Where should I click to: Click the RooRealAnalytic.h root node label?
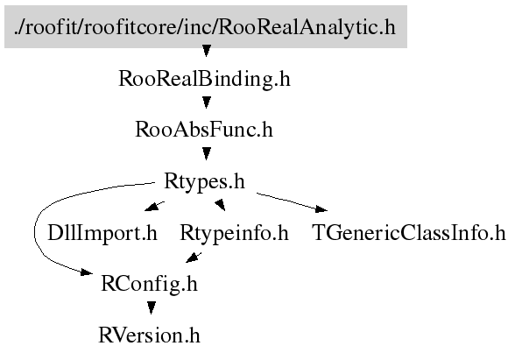pyautogui.click(x=206, y=26)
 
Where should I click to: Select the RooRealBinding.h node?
pyautogui.click(x=204, y=79)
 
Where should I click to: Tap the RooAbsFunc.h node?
pyautogui.click(x=204, y=130)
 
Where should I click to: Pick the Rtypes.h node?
pyautogui.click(x=204, y=181)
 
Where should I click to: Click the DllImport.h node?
pyautogui.click(x=102, y=233)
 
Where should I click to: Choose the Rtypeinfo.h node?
pyautogui.click(x=234, y=233)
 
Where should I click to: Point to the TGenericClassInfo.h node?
pyautogui.click(x=409, y=233)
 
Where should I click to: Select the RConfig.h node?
pyautogui.click(x=149, y=284)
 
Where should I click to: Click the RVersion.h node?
pyautogui.click(x=149, y=335)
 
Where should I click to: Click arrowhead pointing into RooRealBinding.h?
pyautogui.click(x=207, y=51)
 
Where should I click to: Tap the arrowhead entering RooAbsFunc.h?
pyautogui.click(x=207, y=102)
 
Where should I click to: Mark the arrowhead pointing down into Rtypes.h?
pyautogui.click(x=207, y=153)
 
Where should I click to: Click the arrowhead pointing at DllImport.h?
pyautogui.click(x=152, y=207)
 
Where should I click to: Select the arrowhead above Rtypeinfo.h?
pyautogui.click(x=221, y=205)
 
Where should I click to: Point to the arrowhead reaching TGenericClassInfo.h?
pyautogui.click(x=321, y=209)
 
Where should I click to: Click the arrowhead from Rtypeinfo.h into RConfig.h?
pyautogui.click(x=193, y=258)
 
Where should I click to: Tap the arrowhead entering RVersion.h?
pyautogui.click(x=152, y=307)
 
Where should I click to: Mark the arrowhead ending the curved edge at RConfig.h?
pyautogui.click(x=87, y=272)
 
